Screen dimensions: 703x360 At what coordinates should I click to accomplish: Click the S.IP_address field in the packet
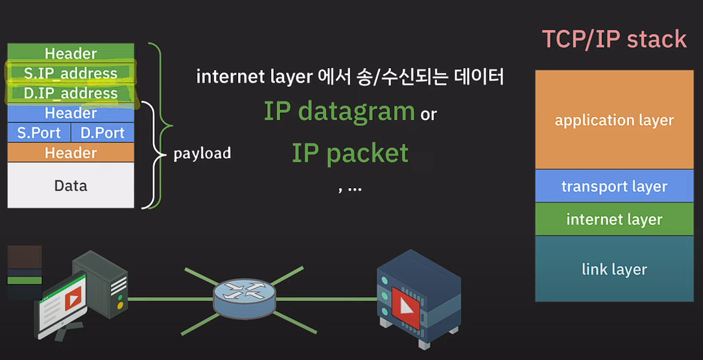click(71, 73)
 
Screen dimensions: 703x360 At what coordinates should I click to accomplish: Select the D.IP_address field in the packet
click(71, 93)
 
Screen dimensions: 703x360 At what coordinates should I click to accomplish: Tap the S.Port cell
click(39, 133)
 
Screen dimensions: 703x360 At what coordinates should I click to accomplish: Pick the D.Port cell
click(102, 133)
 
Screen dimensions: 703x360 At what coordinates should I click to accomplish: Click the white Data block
click(71, 186)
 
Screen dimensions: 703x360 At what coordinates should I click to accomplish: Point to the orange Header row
click(71, 153)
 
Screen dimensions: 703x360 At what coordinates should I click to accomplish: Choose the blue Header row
click(71, 114)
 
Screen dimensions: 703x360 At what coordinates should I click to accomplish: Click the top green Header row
click(71, 53)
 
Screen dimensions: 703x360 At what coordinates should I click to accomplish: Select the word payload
click(202, 154)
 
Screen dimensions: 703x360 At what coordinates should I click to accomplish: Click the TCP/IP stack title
click(614, 39)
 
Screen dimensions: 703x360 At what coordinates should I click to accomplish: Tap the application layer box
click(614, 120)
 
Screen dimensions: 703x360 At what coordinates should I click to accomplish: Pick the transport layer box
click(614, 187)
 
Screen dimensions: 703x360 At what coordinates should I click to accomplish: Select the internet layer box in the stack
click(614, 219)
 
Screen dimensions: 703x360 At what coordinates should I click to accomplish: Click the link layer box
click(614, 269)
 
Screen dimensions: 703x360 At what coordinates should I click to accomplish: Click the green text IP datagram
click(339, 112)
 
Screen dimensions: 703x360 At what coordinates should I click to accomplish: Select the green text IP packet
click(350, 153)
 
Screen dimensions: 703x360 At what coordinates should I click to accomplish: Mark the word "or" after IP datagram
click(429, 115)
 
